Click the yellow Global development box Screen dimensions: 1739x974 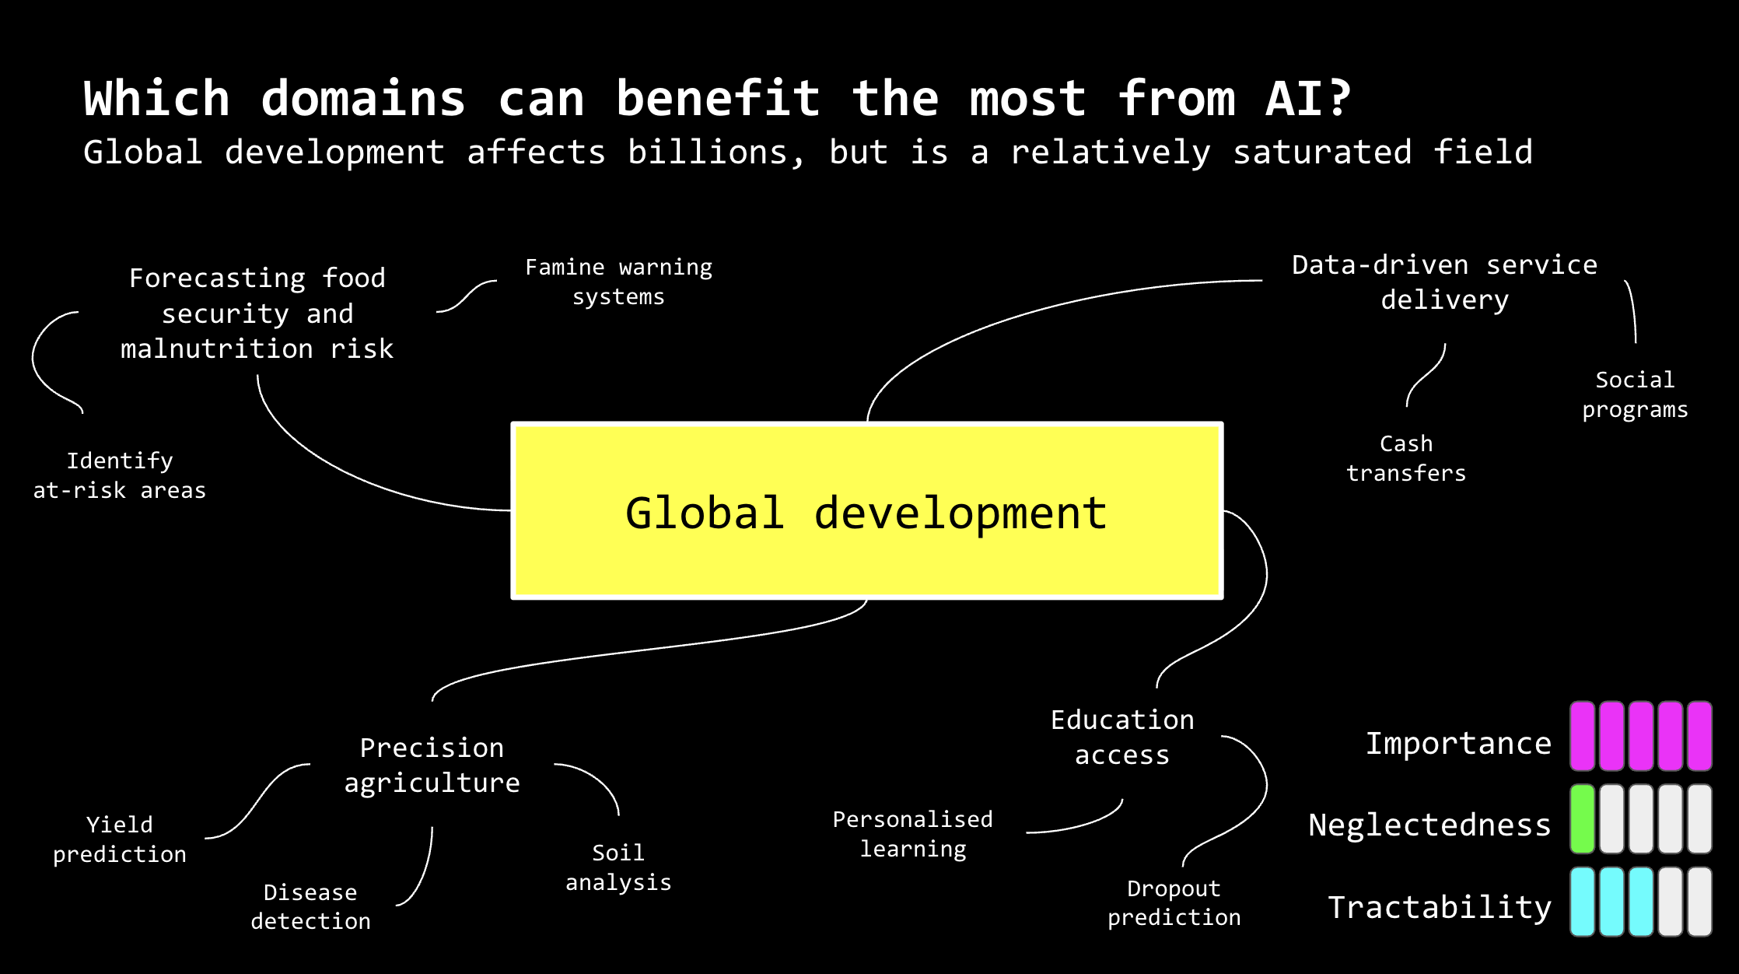click(866, 511)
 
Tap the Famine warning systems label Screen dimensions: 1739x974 click(618, 282)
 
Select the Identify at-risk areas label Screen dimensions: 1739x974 click(119, 475)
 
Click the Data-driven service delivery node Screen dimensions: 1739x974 click(1444, 282)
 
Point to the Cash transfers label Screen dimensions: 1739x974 click(1406, 458)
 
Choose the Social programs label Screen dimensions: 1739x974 click(1635, 394)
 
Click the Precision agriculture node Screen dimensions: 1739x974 click(432, 765)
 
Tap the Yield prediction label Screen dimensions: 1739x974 click(120, 839)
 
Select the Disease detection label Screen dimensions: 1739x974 click(310, 906)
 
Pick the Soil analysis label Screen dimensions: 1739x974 click(618, 867)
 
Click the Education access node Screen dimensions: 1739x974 click(1122, 738)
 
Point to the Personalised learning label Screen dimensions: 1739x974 click(913, 834)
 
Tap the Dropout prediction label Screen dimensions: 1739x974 click(1174, 902)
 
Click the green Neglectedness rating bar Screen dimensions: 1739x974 click(1582, 818)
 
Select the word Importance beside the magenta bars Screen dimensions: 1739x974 click(1459, 743)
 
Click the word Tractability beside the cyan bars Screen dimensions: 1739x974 click(1440, 907)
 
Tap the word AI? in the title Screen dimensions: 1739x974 click(1308, 99)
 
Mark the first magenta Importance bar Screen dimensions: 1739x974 click(1582, 736)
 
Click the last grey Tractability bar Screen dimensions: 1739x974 click(1699, 902)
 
